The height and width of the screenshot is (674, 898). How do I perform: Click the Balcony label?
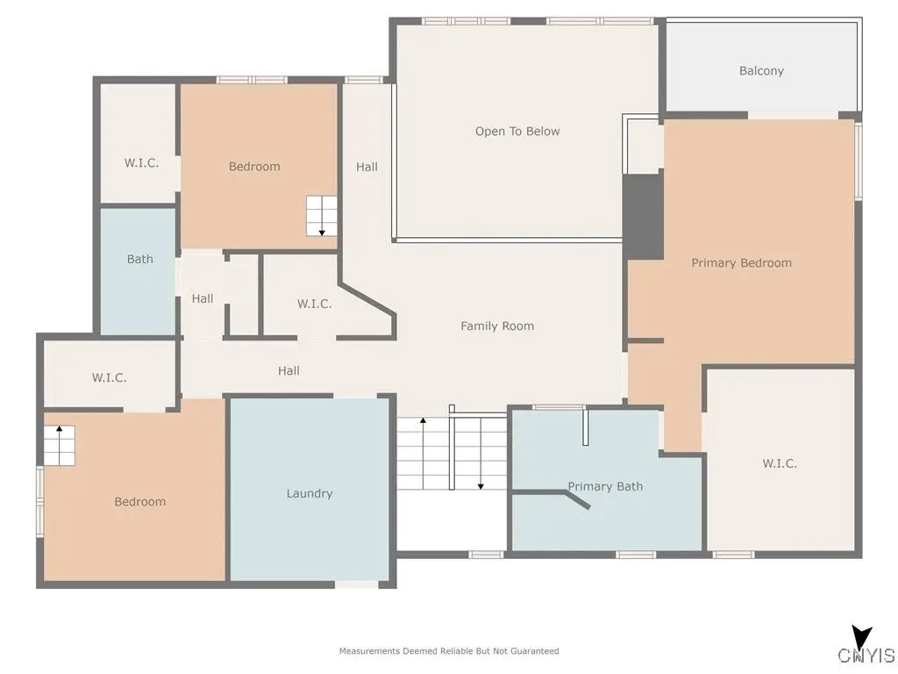(x=761, y=70)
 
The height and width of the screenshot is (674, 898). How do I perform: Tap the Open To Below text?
(x=517, y=132)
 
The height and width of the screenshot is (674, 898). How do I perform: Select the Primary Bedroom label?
(x=741, y=262)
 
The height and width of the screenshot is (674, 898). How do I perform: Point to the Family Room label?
(x=497, y=326)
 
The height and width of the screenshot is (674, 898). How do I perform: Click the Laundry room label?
(x=310, y=493)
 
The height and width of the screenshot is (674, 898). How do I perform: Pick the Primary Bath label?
(x=605, y=486)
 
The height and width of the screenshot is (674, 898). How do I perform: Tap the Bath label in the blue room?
(x=139, y=259)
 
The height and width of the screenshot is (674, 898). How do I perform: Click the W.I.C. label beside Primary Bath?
(x=780, y=463)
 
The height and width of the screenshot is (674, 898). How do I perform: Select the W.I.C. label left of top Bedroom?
(x=141, y=162)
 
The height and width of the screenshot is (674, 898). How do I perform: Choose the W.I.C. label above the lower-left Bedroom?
(x=109, y=377)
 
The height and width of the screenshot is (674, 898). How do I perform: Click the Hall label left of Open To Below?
(x=367, y=167)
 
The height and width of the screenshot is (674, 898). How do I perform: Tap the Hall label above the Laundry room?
(x=289, y=371)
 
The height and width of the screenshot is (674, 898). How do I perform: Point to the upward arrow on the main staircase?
(x=424, y=453)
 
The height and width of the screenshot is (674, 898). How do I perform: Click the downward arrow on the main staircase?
(x=481, y=453)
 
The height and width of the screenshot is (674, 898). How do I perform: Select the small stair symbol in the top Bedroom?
(x=322, y=216)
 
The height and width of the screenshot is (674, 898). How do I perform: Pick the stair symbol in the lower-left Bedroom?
(x=60, y=445)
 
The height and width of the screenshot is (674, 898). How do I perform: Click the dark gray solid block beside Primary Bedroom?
(x=643, y=217)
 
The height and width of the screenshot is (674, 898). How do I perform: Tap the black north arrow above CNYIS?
(x=861, y=638)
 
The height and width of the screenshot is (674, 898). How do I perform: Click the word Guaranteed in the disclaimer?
(x=535, y=651)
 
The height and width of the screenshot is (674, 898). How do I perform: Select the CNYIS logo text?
(x=866, y=655)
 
